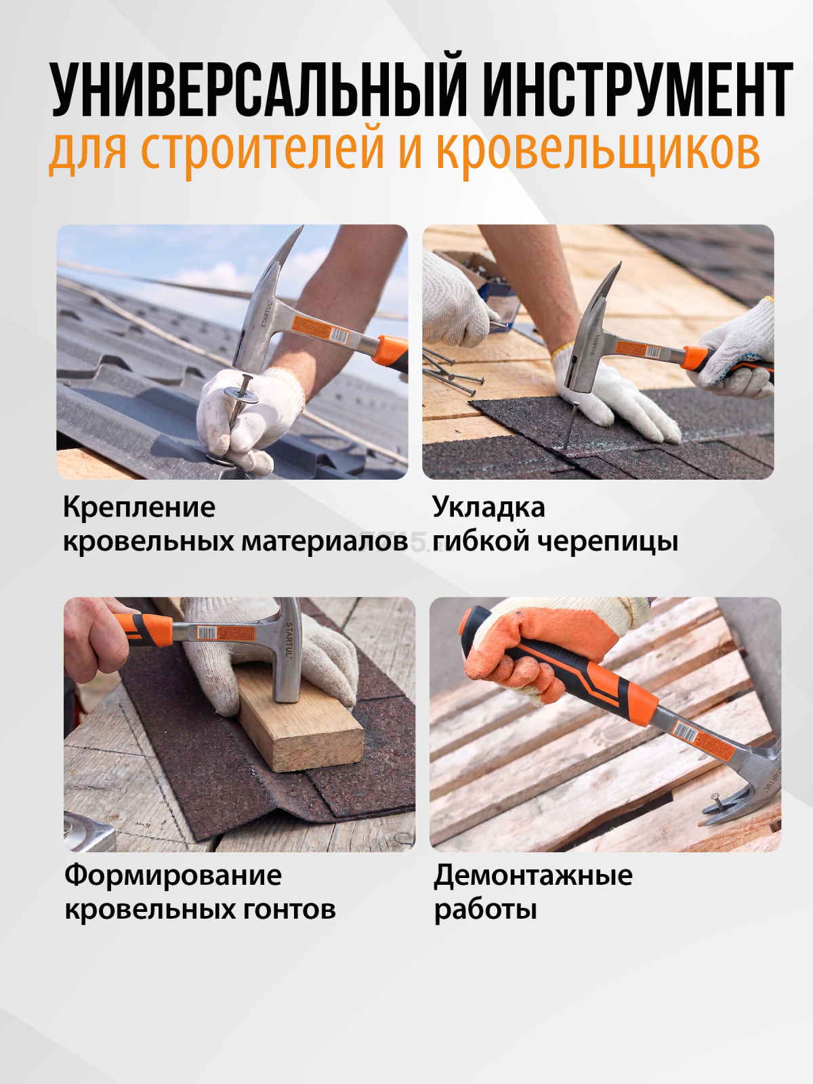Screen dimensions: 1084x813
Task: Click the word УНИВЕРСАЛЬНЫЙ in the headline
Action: (258, 89)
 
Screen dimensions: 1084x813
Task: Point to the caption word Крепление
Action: (139, 507)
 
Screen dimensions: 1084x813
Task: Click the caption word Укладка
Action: (488, 507)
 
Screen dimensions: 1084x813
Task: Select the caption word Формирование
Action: (173, 875)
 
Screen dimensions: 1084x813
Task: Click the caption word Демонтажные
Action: (533, 875)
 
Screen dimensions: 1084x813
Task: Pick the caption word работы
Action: (485, 910)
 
